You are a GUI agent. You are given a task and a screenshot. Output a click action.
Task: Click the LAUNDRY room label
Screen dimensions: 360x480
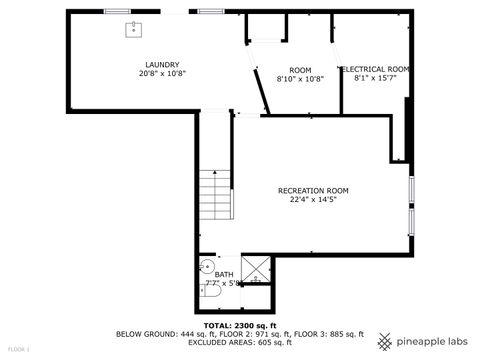tap(161, 64)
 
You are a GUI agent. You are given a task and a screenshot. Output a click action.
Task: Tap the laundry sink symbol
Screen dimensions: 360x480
tap(133, 29)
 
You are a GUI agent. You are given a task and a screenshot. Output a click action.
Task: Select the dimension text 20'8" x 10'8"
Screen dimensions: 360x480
tap(161, 73)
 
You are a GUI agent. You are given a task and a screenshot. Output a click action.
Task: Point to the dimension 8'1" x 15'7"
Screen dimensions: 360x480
tap(375, 78)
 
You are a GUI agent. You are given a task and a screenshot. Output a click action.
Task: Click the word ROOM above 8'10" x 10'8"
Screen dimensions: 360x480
tap(300, 69)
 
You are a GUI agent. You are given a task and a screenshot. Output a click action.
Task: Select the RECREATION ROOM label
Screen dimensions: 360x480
tap(313, 190)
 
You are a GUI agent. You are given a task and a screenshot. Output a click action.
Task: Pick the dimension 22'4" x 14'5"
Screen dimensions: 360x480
tap(313, 199)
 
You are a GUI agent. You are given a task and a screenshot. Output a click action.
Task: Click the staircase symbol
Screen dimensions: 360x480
tap(215, 196)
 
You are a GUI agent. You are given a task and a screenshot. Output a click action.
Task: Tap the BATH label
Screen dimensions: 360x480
tap(224, 274)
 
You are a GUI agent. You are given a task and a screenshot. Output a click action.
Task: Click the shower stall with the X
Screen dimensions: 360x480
tap(256, 269)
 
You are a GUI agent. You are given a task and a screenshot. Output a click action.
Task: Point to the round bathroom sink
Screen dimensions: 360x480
tap(206, 266)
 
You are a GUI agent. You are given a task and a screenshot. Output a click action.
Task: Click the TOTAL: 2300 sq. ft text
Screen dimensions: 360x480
tap(240, 325)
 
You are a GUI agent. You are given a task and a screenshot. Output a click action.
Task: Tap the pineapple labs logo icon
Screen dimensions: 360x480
tap(385, 341)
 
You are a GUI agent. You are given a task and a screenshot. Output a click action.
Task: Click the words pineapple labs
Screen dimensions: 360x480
tap(432, 341)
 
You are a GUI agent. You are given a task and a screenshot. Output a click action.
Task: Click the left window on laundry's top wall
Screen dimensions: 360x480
tap(117, 11)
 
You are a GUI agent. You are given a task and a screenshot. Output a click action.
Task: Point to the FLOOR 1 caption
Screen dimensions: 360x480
tap(18, 349)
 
